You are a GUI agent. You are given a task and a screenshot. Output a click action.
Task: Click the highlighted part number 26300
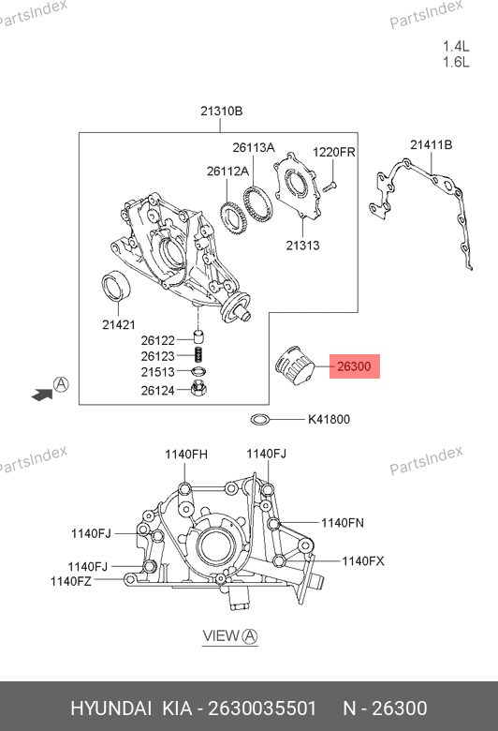(354, 366)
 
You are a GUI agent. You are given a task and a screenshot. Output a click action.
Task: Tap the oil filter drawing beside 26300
(296, 366)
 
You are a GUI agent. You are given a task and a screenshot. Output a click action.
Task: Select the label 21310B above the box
(221, 111)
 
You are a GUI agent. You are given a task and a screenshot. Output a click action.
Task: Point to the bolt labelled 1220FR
(330, 186)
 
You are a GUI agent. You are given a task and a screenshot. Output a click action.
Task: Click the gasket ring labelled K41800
(260, 420)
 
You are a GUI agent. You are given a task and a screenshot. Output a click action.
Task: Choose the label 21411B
(431, 145)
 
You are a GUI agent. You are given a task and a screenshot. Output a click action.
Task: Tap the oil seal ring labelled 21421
(116, 285)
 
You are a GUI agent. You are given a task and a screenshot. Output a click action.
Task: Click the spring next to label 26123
(199, 355)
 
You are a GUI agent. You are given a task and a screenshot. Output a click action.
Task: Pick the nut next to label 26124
(199, 387)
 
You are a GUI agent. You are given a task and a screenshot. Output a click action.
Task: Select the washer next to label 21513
(199, 371)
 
